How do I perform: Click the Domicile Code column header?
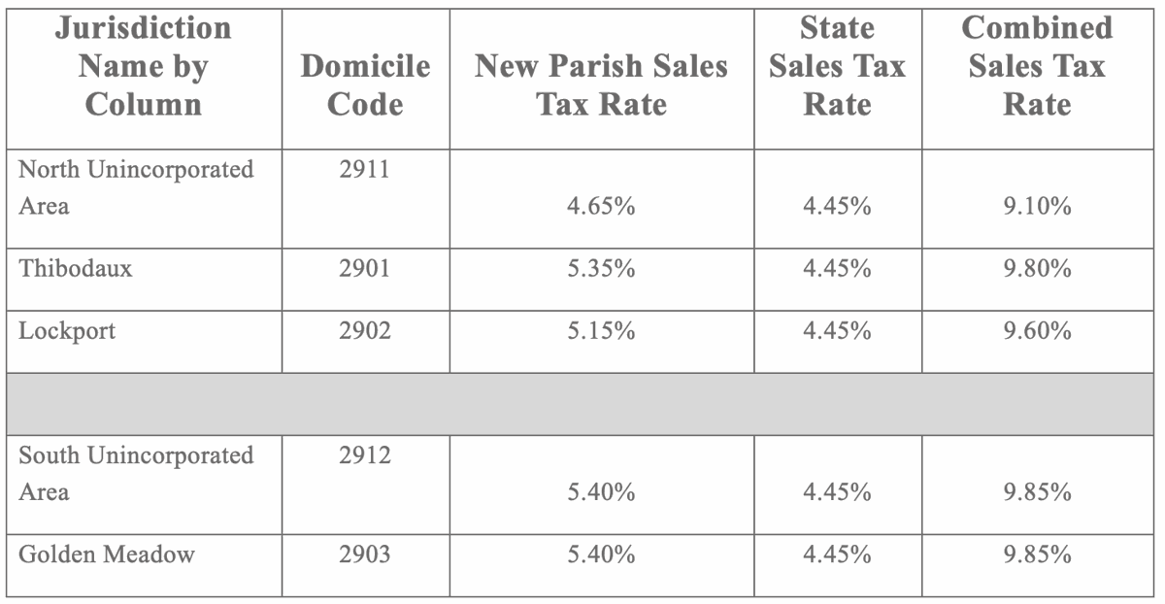(x=365, y=84)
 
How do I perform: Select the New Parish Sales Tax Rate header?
(x=601, y=84)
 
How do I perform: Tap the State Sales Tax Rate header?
(x=837, y=66)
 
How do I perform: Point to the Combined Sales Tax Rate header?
(x=1037, y=66)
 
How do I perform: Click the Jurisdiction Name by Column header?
(x=143, y=66)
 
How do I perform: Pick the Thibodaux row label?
(x=75, y=268)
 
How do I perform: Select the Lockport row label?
(x=67, y=330)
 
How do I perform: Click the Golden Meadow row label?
(x=107, y=554)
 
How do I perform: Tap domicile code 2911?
(x=364, y=170)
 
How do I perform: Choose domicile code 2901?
(x=364, y=268)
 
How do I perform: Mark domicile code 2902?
(x=364, y=330)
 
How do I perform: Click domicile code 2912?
(x=364, y=455)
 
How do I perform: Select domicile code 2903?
(x=364, y=554)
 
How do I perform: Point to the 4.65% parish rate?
(x=601, y=206)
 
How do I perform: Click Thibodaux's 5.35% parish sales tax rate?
(x=601, y=268)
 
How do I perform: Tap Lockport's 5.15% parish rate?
(x=601, y=330)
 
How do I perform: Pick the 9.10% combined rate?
(x=1037, y=206)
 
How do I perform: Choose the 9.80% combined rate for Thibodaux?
(x=1037, y=268)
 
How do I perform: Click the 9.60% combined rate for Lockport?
(x=1037, y=330)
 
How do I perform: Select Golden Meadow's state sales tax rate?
(x=837, y=554)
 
